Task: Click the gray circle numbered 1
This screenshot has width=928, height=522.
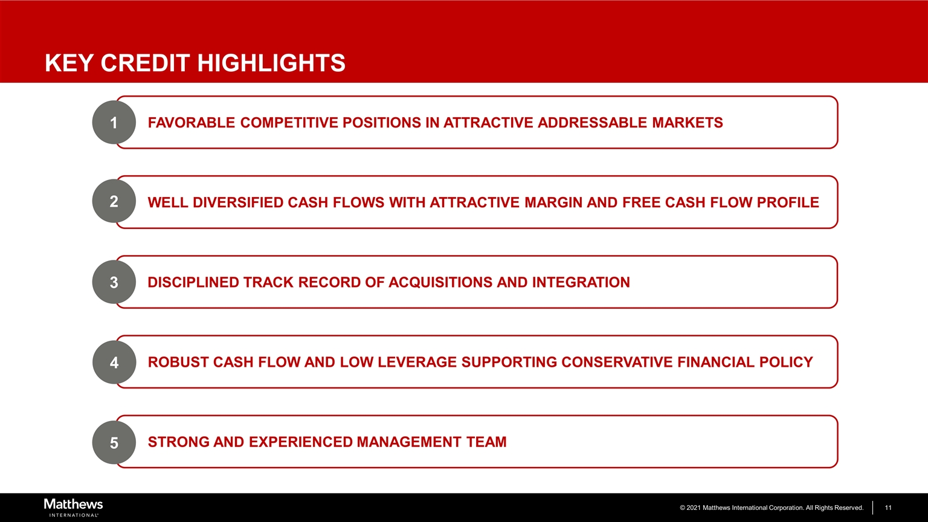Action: pos(114,122)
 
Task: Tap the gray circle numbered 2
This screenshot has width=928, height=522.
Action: pos(114,201)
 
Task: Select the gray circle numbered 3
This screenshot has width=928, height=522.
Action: pos(114,282)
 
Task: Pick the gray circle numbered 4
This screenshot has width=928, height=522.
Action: pos(114,362)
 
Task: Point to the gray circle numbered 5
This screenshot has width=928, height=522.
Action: pos(114,442)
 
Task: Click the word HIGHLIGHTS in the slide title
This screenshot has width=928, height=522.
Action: pos(271,63)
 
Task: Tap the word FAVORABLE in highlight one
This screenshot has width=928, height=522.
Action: pos(192,123)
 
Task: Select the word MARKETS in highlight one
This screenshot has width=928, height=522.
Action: pos(688,123)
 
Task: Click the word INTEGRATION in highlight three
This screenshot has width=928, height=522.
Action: pos(581,282)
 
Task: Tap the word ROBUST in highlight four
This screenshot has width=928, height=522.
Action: pos(178,362)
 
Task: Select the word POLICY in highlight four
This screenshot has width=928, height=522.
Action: pos(786,362)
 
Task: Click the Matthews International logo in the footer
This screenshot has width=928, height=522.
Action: pos(73,507)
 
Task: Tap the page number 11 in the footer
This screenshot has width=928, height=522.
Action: pos(888,507)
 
